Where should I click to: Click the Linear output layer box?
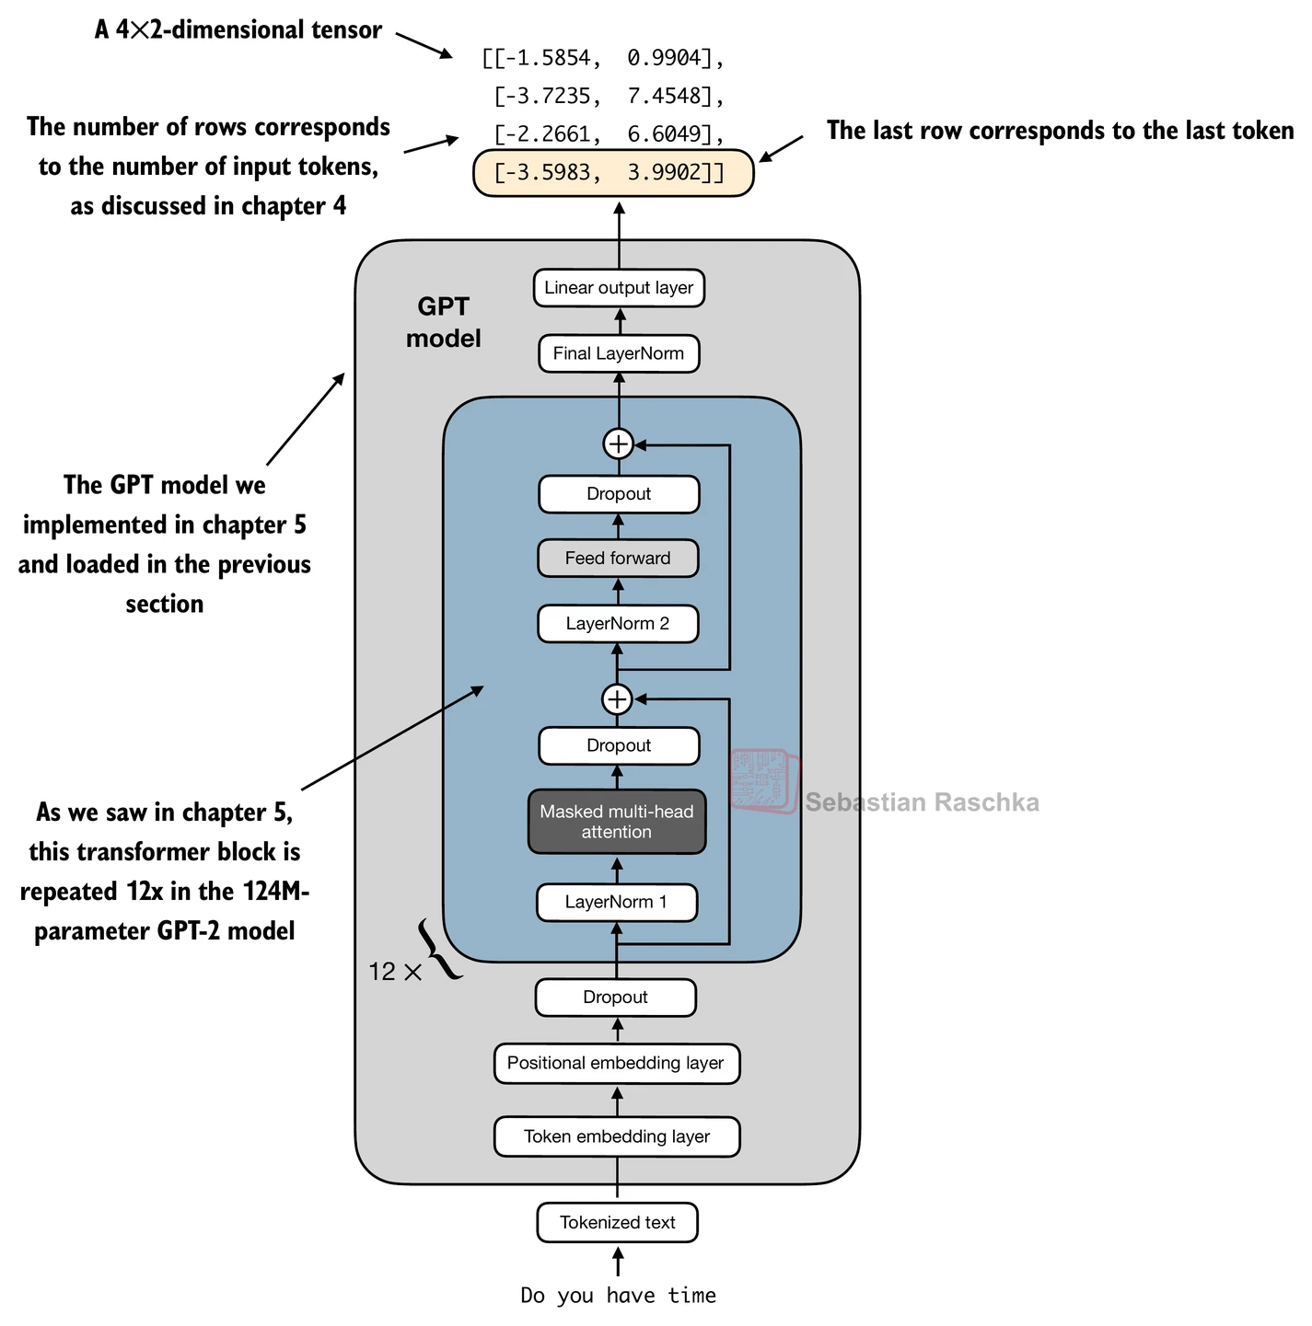[x=619, y=288]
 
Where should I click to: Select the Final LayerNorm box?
[x=619, y=353]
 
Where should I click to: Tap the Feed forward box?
[x=618, y=559]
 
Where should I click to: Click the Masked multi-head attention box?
[x=617, y=822]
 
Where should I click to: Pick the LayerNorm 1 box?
[x=617, y=902]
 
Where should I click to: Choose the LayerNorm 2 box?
[x=618, y=624]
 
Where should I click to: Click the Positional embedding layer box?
[x=616, y=1064]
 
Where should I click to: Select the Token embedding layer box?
[x=617, y=1136]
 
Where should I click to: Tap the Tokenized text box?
[x=618, y=1223]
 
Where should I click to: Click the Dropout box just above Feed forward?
[x=619, y=494]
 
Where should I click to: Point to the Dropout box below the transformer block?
[x=615, y=997]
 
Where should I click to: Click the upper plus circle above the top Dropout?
[x=618, y=444]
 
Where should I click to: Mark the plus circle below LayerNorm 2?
[x=617, y=699]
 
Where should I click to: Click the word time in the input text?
[x=692, y=1296]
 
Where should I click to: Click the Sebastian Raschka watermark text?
[x=922, y=802]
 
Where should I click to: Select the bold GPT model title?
[x=444, y=323]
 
